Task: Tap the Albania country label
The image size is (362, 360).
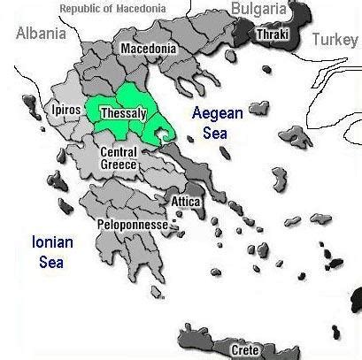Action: pos(41,34)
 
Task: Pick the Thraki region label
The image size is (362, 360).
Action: pos(269,34)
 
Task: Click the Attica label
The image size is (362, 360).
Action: pos(187,202)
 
